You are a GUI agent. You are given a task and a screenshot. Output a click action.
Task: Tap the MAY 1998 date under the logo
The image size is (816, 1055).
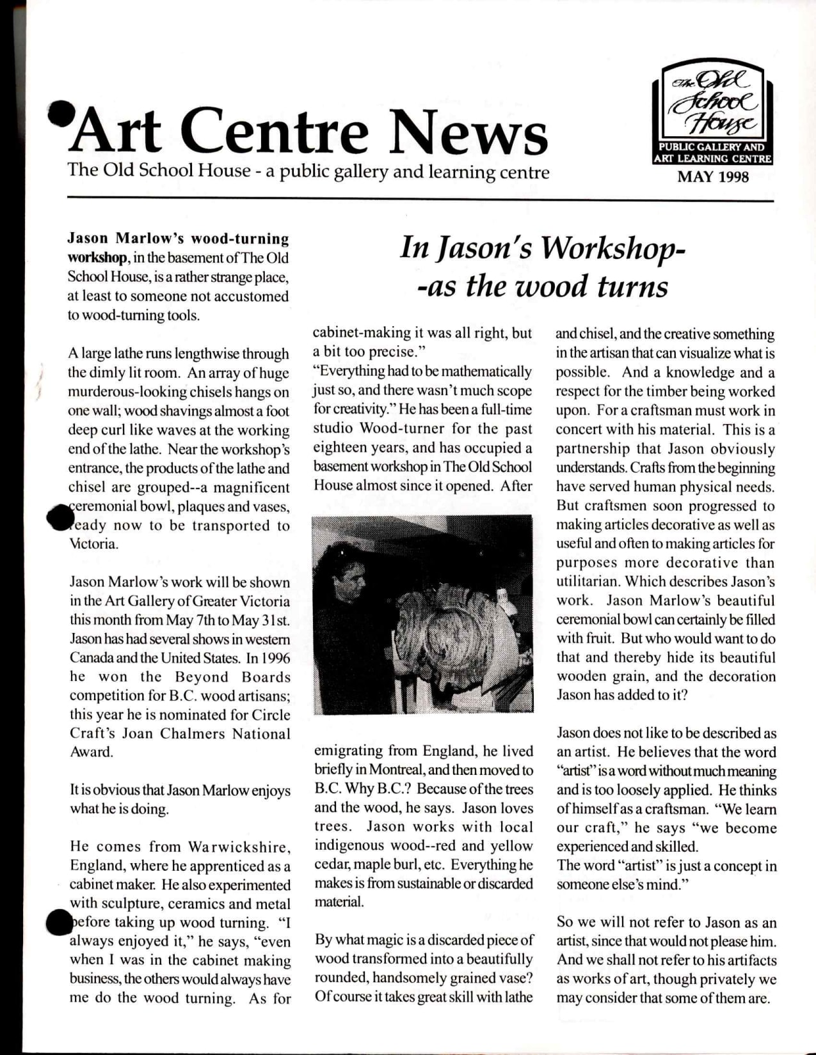click(712, 177)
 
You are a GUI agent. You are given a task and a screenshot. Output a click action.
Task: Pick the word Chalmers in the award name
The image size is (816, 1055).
click(192, 734)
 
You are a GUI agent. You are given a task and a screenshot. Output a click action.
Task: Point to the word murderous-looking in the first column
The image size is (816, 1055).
click(125, 392)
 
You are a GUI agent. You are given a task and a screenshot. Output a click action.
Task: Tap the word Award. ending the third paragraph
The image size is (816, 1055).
click(91, 753)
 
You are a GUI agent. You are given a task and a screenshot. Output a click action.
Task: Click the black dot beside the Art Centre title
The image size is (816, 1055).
click(59, 111)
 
